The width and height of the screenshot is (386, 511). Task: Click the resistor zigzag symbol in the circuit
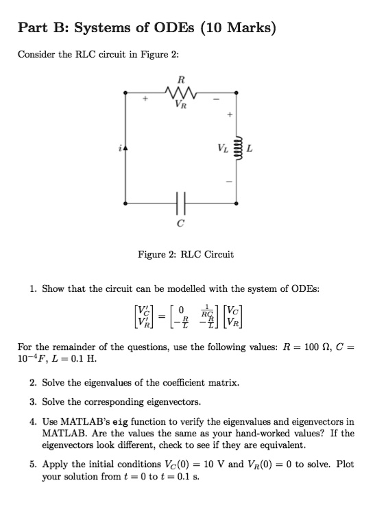[x=181, y=90]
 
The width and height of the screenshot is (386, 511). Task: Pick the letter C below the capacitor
[x=180, y=223]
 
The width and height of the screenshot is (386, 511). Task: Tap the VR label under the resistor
[x=180, y=105]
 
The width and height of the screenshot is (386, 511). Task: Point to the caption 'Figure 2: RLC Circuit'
[x=186, y=254]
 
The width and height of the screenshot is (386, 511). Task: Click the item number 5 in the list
[x=32, y=464]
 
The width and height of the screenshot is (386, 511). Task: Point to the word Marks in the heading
[x=247, y=28]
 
